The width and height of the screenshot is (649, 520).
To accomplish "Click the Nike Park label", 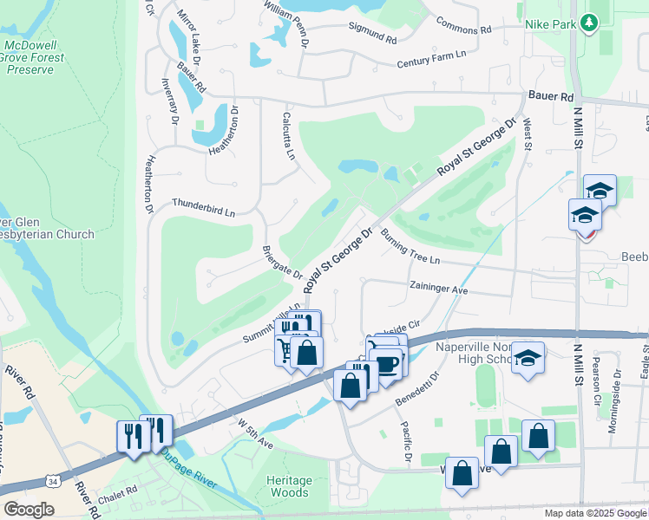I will point(550,24).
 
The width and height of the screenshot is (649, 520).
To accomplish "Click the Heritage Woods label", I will point(287,486).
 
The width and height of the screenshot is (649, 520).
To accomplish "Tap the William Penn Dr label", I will point(292,15).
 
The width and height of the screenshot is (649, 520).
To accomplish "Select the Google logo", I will point(29,510).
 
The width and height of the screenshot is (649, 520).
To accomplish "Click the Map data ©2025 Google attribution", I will point(594,513).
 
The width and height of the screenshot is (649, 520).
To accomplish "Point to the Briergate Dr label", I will point(282,263).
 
